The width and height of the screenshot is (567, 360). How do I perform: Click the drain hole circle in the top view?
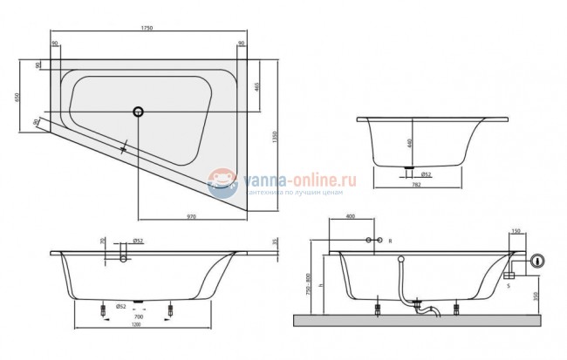(138, 111)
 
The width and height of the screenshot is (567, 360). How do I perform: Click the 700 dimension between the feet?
(138, 316)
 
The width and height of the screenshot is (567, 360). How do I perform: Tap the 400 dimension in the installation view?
(350, 216)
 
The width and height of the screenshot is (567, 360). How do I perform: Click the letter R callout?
(390, 240)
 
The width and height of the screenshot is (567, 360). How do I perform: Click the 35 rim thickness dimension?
(276, 241)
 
